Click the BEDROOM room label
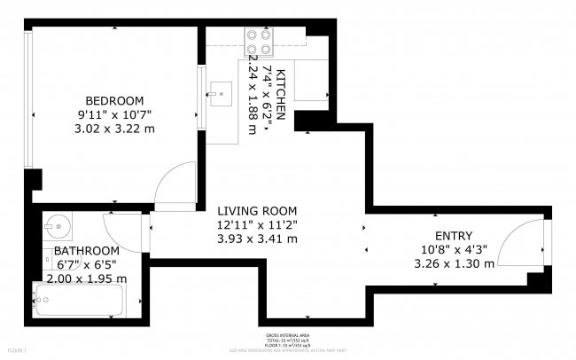click(x=114, y=100)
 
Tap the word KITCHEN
click(x=281, y=93)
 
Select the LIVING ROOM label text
click(x=257, y=210)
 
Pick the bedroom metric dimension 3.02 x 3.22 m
click(x=115, y=129)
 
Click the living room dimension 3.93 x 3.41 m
click(x=258, y=239)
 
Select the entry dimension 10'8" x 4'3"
click(x=453, y=249)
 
